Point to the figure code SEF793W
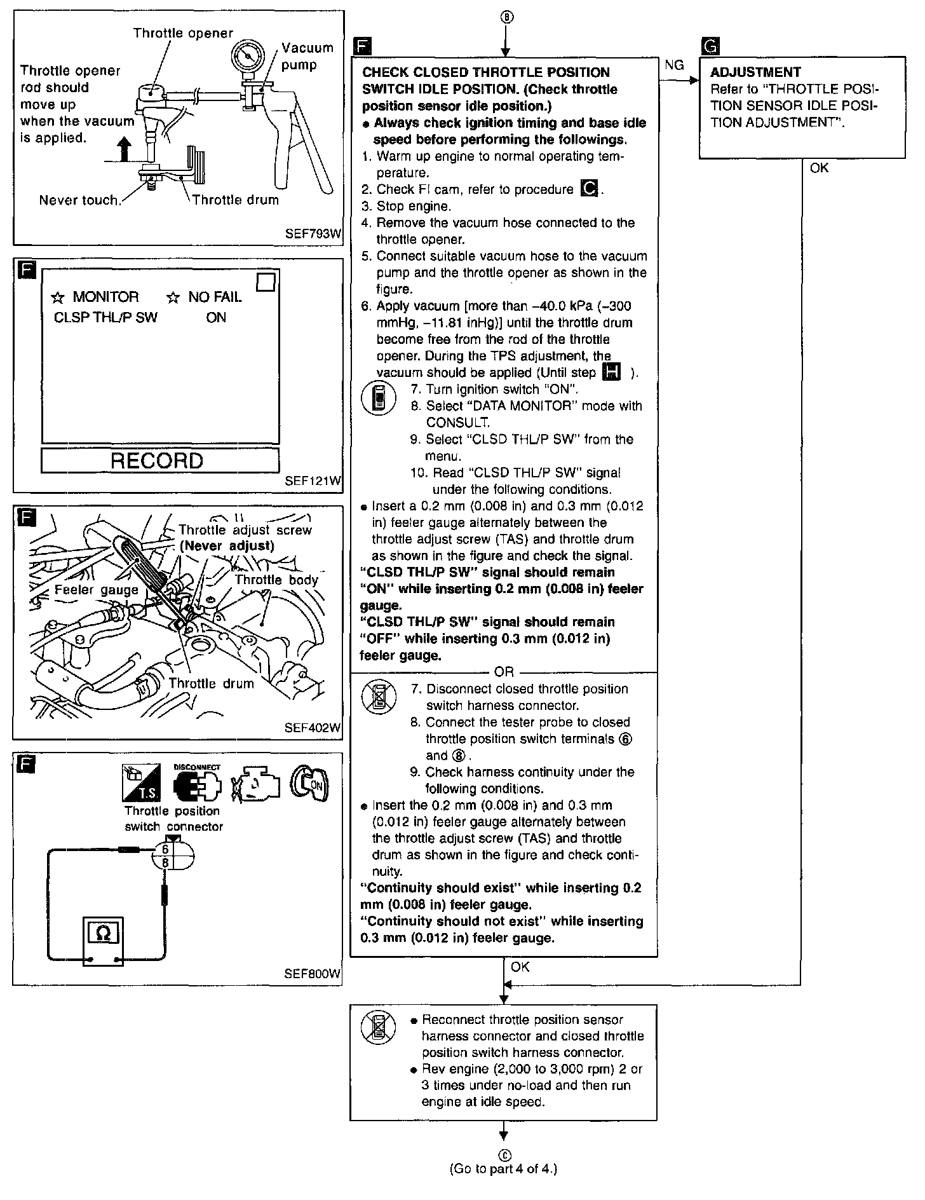pos(313,234)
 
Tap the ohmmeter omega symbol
pos(102,933)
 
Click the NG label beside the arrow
pos(674,65)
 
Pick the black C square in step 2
pos(590,189)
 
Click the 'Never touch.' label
pos(79,200)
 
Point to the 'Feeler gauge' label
pos(97,590)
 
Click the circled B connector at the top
pos(504,18)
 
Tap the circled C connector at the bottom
pos(504,1154)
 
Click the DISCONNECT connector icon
pos(197,782)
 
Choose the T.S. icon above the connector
pos(141,783)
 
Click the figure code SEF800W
pos(313,974)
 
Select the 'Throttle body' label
pos(276,580)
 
